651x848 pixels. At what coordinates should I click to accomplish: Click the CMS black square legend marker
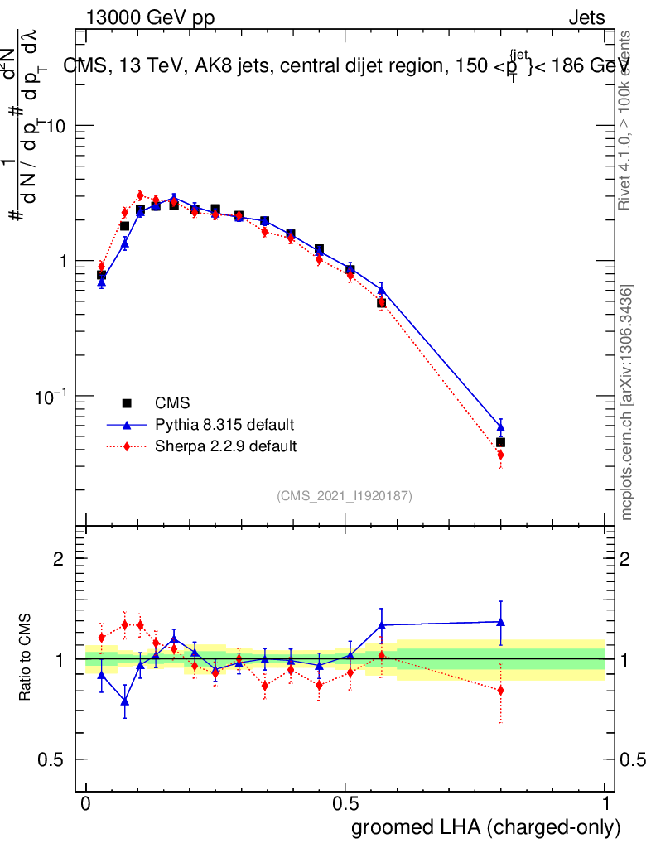pos(127,403)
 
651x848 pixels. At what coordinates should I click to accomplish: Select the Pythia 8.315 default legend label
pos(224,425)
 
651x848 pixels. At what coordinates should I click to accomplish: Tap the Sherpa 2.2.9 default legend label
pos(226,446)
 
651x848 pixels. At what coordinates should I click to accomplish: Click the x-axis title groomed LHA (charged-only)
pos(487,827)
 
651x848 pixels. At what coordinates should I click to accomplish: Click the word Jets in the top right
pos(586,18)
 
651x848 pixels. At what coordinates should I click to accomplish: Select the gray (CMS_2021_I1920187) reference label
pos(345,496)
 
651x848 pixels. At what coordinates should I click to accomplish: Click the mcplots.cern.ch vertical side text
pos(628,402)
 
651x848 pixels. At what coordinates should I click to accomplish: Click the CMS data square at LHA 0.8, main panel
pos(500,442)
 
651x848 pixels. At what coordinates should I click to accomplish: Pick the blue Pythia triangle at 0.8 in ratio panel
pos(500,621)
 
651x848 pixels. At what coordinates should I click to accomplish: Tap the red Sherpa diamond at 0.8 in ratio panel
pos(500,690)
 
